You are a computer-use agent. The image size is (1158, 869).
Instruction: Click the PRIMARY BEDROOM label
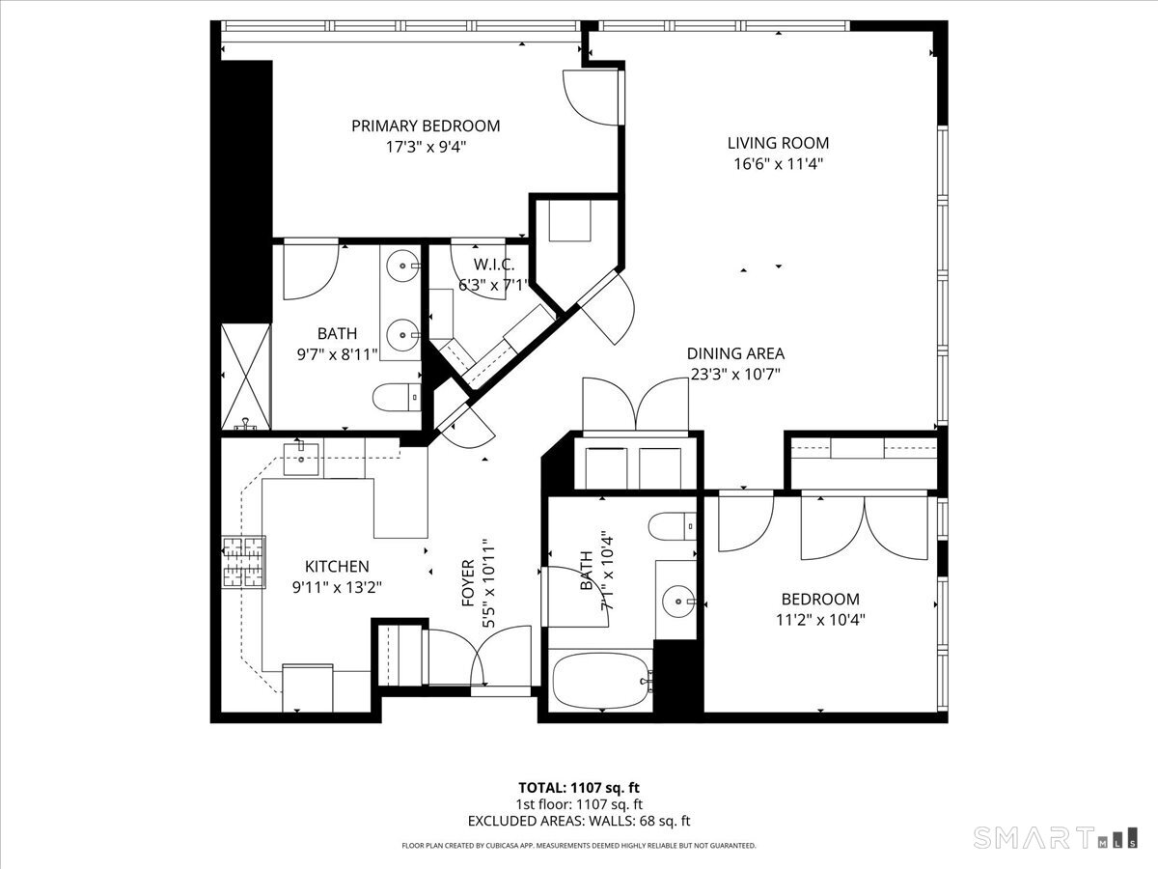[426, 126]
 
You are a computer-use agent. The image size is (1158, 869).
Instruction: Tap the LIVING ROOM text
[778, 143]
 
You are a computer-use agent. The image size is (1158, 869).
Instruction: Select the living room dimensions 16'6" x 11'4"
[778, 164]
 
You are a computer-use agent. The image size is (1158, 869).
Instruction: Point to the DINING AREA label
[735, 353]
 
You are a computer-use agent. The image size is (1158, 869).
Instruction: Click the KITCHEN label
[337, 566]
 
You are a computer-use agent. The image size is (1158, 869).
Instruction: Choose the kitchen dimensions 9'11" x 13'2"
[337, 587]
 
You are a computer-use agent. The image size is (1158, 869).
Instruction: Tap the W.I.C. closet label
[493, 265]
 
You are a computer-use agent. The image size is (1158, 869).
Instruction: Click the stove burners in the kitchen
[243, 562]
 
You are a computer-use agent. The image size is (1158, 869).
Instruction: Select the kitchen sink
[301, 459]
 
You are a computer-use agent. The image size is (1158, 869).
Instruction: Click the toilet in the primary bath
[397, 397]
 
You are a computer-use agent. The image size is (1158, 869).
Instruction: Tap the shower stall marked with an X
[245, 377]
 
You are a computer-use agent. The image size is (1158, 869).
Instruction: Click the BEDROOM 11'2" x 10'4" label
[820, 609]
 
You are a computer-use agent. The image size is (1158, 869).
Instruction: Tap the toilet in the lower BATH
[672, 526]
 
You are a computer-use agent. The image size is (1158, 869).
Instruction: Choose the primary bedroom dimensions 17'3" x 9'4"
[426, 147]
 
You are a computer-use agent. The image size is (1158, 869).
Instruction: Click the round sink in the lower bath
[679, 601]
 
